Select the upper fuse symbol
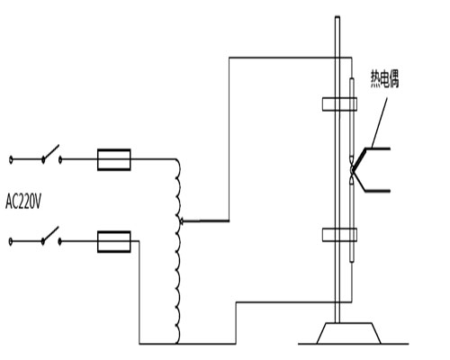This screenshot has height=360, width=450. click(x=114, y=159)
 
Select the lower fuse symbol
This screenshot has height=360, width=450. click(x=114, y=239)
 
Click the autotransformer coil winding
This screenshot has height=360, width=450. click(x=178, y=252)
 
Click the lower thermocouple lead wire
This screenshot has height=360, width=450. click(x=378, y=190)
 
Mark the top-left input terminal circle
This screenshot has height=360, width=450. click(x=11, y=159)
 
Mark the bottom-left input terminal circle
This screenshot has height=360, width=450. click(x=11, y=240)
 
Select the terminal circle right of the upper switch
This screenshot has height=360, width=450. click(x=61, y=159)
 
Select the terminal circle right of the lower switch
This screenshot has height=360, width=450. click(x=61, y=240)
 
